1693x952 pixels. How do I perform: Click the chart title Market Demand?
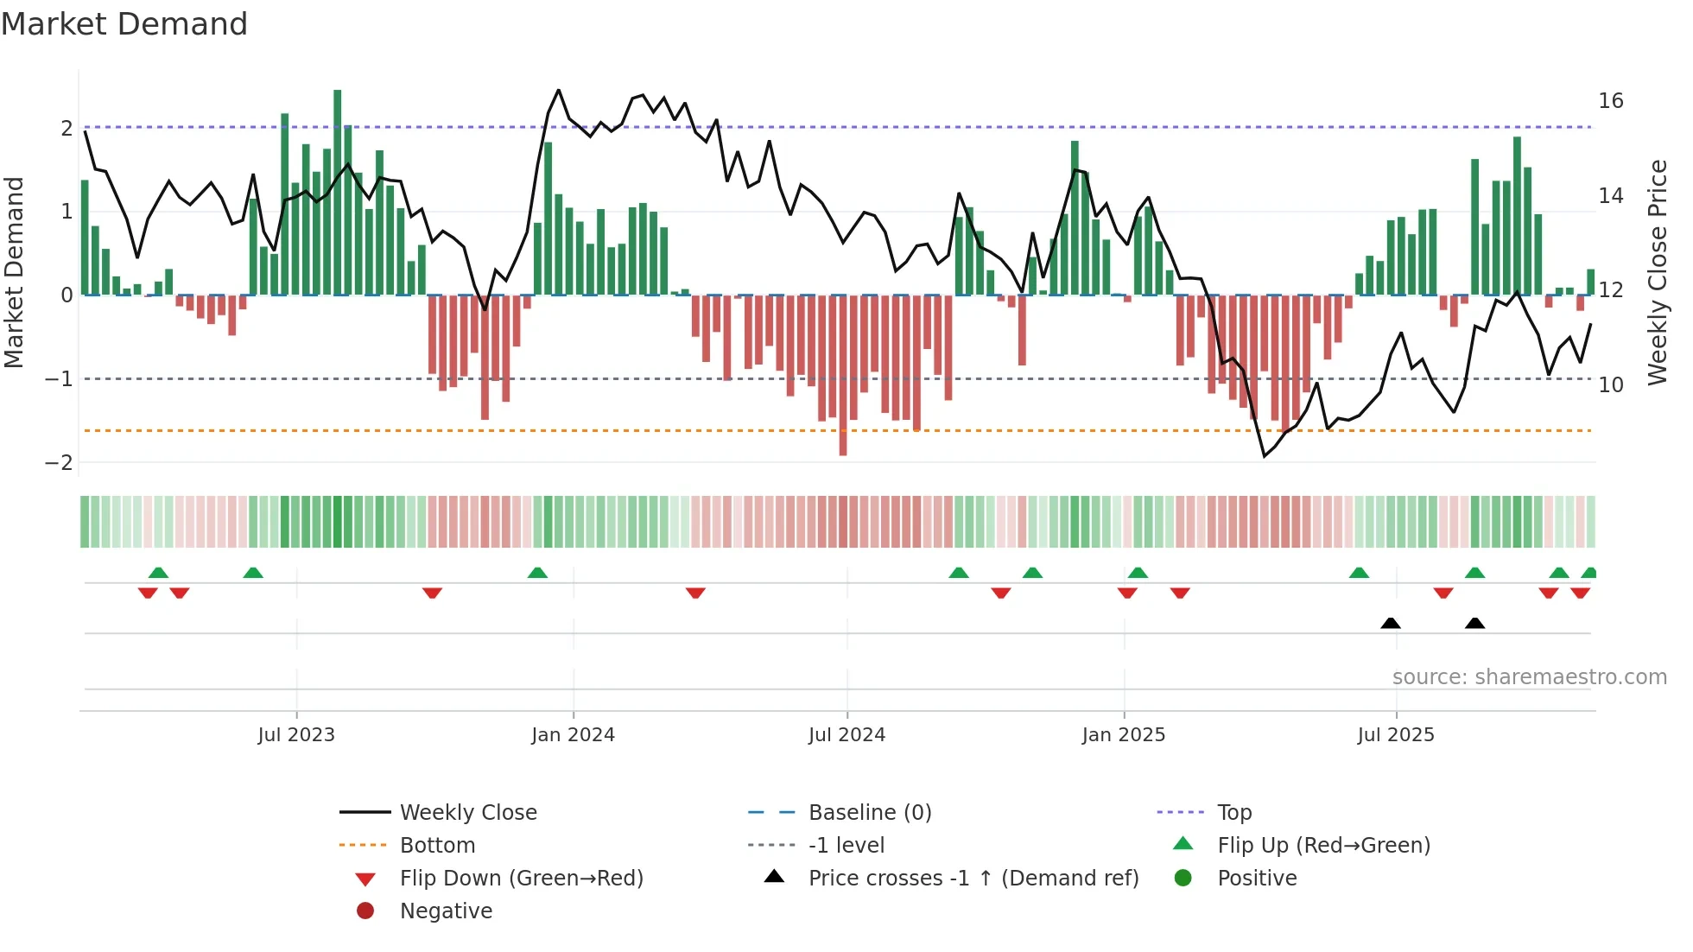(x=124, y=24)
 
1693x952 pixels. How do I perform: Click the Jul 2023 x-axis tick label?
(x=296, y=735)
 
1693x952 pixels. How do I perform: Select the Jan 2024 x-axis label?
(x=573, y=735)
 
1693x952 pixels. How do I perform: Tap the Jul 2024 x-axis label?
(x=846, y=735)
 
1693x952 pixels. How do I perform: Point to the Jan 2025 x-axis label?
(x=1123, y=735)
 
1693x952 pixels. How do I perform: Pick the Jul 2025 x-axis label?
(x=1395, y=735)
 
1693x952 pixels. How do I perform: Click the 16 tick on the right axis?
(x=1610, y=101)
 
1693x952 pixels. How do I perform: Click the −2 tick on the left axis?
(x=60, y=462)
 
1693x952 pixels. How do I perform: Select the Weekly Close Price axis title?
(x=1657, y=272)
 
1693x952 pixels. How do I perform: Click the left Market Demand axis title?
(x=15, y=272)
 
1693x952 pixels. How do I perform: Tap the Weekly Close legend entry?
(x=467, y=813)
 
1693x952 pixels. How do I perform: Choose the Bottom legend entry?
(x=437, y=846)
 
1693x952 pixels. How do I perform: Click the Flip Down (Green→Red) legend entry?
(x=521, y=879)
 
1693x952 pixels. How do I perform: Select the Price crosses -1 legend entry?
(x=973, y=879)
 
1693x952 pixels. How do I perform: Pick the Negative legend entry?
(x=446, y=911)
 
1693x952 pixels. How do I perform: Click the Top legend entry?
(x=1233, y=813)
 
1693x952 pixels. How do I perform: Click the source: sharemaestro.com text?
(x=1529, y=677)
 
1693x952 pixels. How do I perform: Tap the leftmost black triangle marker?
(x=1390, y=623)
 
